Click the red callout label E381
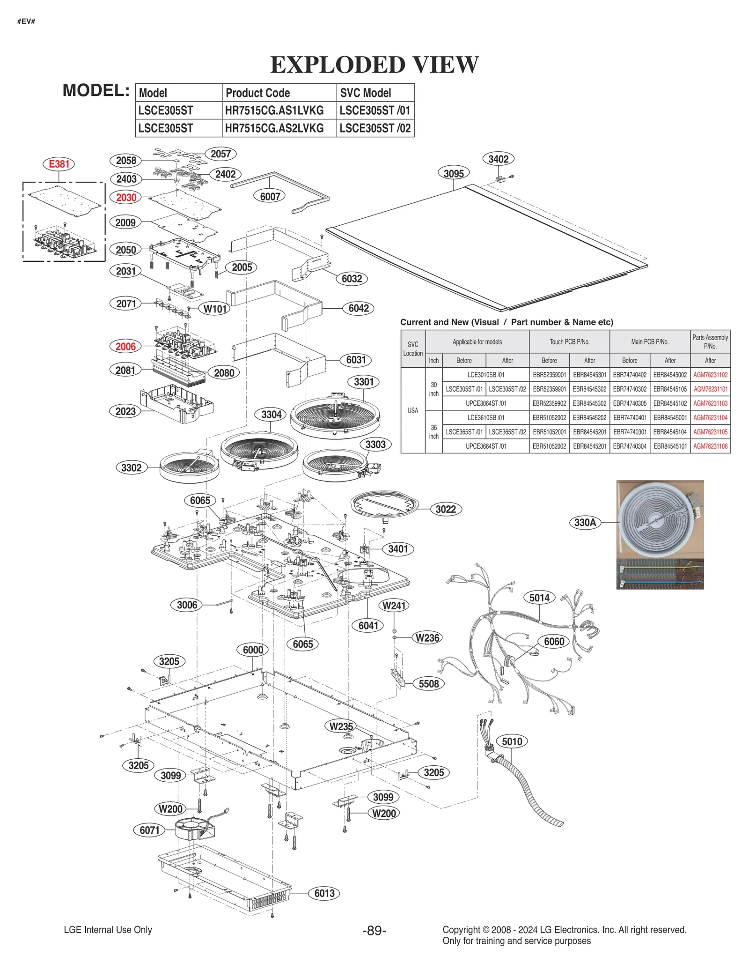pyautogui.click(x=59, y=164)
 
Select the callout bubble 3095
pyautogui.click(x=454, y=173)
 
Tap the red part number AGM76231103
pyautogui.click(x=710, y=403)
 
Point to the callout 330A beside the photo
pyautogui.click(x=585, y=522)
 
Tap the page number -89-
pyautogui.click(x=374, y=930)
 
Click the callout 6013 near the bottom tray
pyautogui.click(x=324, y=893)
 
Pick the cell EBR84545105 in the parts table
pyautogui.click(x=670, y=389)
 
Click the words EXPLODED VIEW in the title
pyautogui.click(x=374, y=65)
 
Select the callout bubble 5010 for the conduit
pyautogui.click(x=512, y=741)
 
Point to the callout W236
pyautogui.click(x=427, y=637)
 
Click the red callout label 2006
pyautogui.click(x=125, y=347)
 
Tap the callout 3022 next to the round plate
pyautogui.click(x=446, y=509)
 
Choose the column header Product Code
pyautogui.click(x=258, y=93)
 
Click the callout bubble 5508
pyautogui.click(x=429, y=684)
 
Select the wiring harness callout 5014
pyautogui.click(x=539, y=598)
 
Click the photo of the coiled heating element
pyautogui.click(x=660, y=520)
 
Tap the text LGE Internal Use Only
pyautogui.click(x=108, y=930)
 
